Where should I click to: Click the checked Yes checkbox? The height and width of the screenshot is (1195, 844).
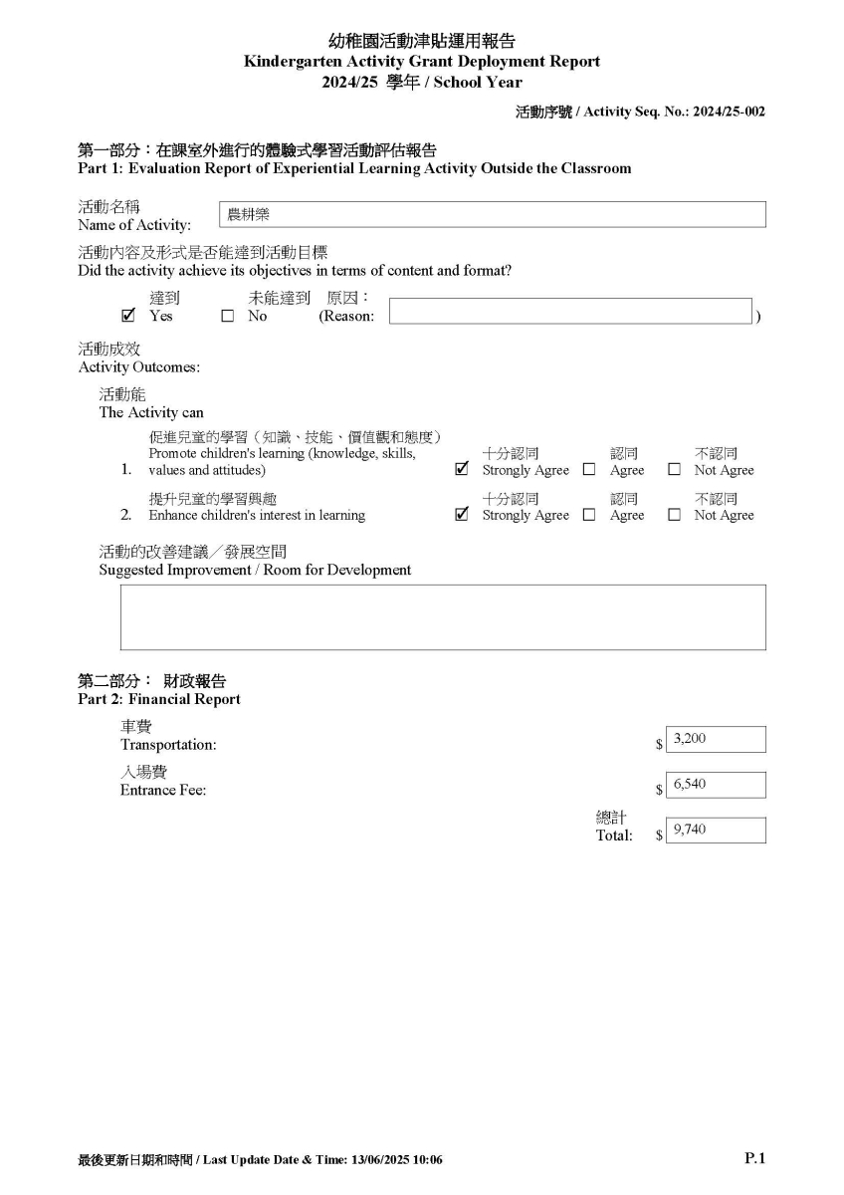pos(127,316)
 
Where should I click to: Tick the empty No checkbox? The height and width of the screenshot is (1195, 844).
pos(227,317)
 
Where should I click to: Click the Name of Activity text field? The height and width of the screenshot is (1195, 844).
pos(492,214)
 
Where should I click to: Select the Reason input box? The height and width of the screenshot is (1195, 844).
pos(570,311)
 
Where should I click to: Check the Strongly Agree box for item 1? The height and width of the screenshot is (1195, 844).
pos(461,469)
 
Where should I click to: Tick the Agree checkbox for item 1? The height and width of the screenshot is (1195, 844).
pos(589,470)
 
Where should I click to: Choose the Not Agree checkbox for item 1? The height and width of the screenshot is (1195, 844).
pos(674,470)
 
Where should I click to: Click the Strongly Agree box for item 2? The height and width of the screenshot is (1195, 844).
pos(461,515)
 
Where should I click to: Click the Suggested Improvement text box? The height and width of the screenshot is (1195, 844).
pos(443,617)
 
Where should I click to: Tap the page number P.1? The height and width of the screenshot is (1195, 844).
pos(754,1157)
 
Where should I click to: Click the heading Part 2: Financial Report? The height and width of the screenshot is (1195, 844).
pos(159,699)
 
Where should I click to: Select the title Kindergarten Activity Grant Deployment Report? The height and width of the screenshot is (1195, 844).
pos(421,62)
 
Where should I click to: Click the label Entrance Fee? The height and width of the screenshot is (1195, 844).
pos(163,791)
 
